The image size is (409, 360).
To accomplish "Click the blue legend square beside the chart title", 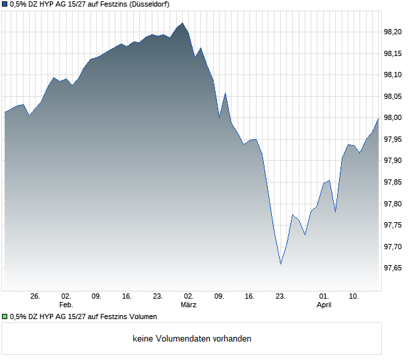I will point(5,4).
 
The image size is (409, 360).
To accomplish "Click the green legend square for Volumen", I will point(5,317).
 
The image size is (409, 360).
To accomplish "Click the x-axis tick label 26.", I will point(36,297).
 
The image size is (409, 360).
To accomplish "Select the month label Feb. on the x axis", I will point(66,305).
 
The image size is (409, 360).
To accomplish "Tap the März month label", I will point(189,305).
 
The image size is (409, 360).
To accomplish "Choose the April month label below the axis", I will point(324,305).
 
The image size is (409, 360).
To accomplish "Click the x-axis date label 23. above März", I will point(158,297).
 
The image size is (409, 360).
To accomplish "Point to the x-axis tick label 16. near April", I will point(249,297).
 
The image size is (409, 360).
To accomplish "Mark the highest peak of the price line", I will point(182,23).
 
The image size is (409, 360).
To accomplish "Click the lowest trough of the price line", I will point(280,264).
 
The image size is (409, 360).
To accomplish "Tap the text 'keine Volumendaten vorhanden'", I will point(192,339).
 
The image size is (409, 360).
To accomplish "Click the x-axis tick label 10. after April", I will point(354,297).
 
